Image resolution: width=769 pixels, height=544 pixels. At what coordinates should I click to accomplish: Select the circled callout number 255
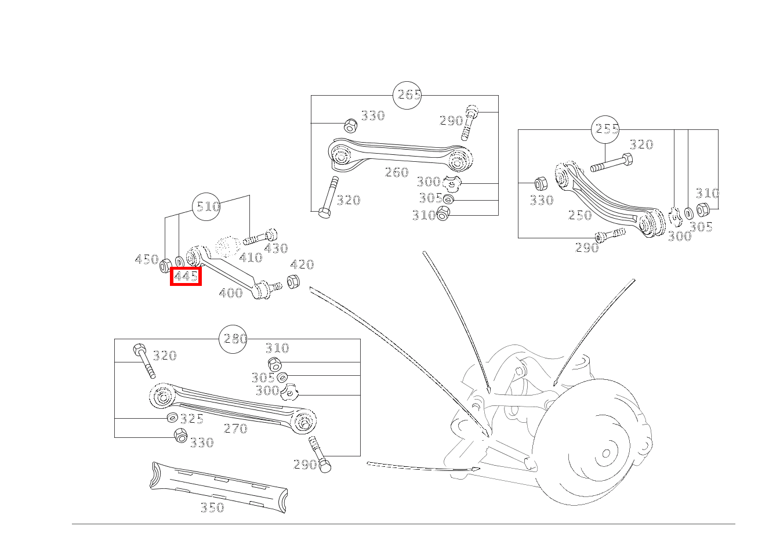606,129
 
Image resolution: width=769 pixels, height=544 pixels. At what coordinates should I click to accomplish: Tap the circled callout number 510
207,206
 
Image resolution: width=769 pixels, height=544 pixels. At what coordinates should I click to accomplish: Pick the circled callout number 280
234,339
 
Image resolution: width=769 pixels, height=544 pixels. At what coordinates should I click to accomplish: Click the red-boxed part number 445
186,277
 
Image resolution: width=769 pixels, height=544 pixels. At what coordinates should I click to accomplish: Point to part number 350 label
212,507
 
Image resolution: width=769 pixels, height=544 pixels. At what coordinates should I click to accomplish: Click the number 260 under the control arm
397,172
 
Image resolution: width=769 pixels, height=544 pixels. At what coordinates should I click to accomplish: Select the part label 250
580,215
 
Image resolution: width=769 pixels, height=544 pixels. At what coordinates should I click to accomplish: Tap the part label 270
235,429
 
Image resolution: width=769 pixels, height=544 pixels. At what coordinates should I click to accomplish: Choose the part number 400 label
231,293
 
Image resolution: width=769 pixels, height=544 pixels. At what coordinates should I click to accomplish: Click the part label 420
302,265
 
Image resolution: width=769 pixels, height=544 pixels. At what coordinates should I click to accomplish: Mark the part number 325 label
191,419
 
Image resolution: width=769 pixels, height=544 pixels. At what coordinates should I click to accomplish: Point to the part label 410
251,257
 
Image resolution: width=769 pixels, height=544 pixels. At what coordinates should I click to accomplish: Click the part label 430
275,248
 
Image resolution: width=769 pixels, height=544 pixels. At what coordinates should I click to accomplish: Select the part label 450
146,259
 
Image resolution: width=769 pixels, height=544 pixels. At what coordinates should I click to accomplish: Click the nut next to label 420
293,282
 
